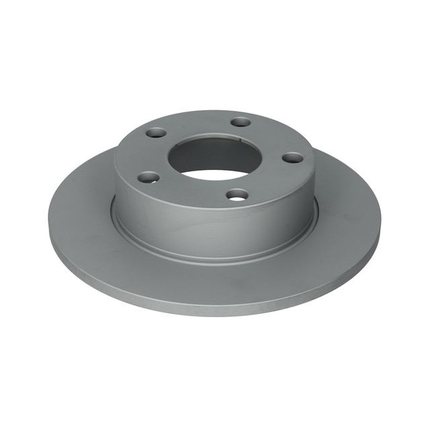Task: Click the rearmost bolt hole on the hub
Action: (x=241, y=122)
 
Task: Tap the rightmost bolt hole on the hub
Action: (x=292, y=158)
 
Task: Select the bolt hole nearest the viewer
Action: (x=237, y=195)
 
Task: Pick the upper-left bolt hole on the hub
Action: (x=156, y=133)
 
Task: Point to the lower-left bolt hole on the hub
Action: (x=149, y=178)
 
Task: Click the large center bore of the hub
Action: (x=214, y=158)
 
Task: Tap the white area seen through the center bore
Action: (x=214, y=174)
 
